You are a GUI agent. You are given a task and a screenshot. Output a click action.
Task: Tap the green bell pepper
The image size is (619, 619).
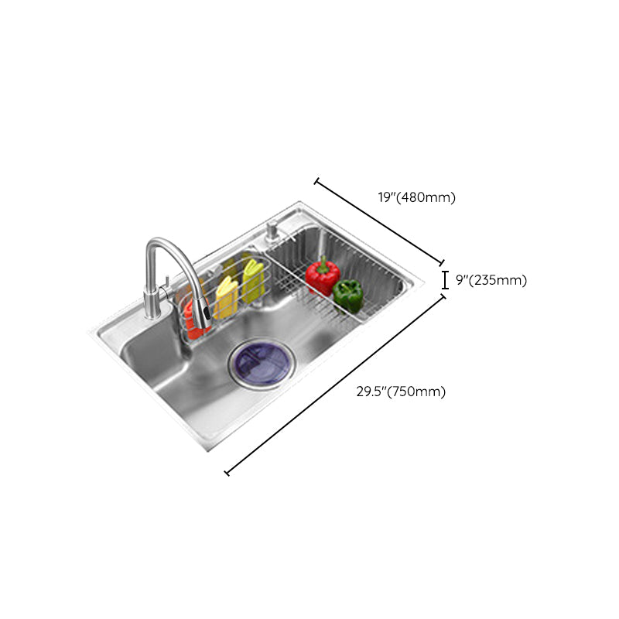click(x=347, y=292)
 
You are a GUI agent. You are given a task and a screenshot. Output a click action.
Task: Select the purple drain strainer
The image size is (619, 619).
click(x=257, y=361)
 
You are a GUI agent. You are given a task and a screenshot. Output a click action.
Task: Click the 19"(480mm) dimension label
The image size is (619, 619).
click(x=416, y=197)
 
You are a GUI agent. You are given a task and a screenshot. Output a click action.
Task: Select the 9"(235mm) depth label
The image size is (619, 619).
click(x=491, y=280)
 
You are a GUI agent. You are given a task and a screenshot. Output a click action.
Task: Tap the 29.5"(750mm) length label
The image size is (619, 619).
click(x=401, y=392)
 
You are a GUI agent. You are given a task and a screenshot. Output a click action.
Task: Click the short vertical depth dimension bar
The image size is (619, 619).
click(x=445, y=279)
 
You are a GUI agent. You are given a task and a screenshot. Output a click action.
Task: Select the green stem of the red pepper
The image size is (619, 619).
click(x=323, y=261)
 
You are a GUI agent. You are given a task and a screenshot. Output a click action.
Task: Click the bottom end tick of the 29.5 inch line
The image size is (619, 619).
click(x=226, y=472)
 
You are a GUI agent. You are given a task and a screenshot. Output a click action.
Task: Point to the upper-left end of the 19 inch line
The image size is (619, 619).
click(x=316, y=182)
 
